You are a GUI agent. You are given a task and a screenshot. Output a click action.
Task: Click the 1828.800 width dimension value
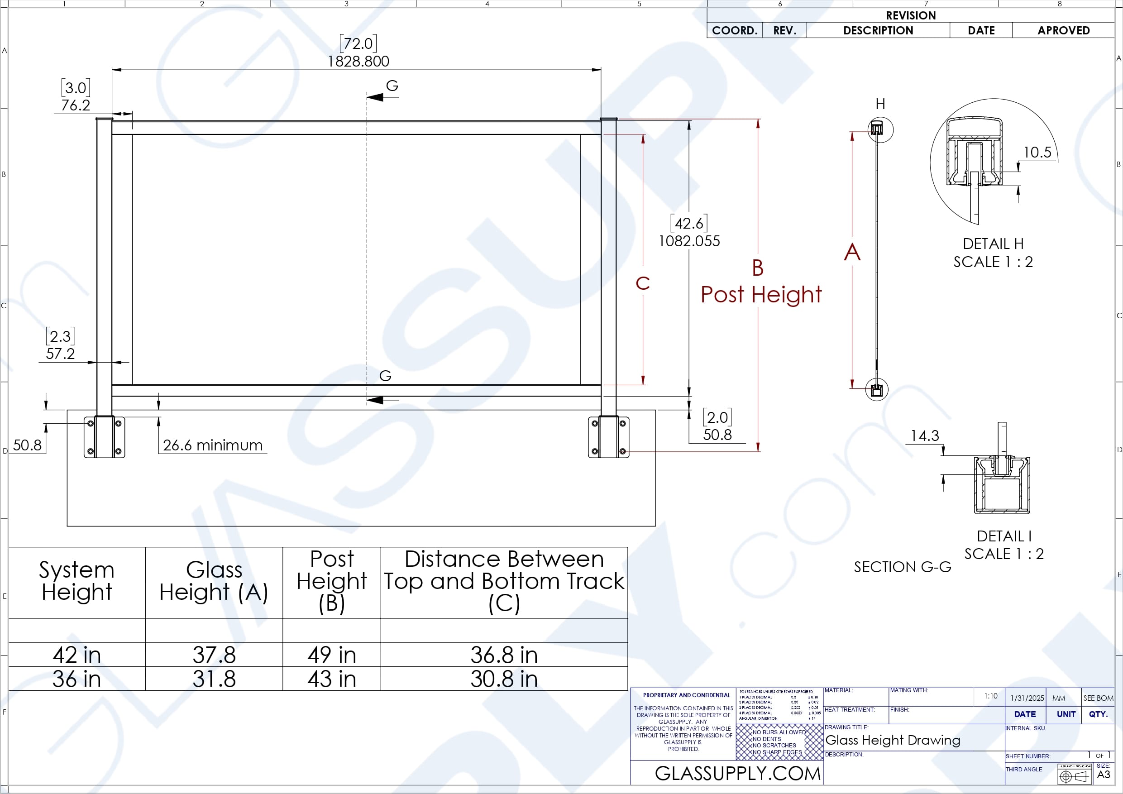[358, 62]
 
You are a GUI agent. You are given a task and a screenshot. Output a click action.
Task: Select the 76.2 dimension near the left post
[75, 105]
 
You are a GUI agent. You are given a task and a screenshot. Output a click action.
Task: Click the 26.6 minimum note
[212, 445]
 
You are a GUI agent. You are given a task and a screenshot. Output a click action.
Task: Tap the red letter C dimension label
[642, 283]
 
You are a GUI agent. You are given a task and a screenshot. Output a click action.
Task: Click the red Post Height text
[760, 295]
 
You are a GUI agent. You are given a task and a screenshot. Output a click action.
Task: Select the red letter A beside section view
[851, 253]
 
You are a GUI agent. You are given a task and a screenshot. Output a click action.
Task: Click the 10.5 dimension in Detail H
[1037, 152]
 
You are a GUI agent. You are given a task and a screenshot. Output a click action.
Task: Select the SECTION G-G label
[902, 567]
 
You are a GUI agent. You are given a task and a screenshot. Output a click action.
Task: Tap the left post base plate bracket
[104, 437]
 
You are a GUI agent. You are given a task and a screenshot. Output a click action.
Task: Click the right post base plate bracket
[608, 437]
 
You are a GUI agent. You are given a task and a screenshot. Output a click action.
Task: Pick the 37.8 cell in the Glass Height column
[214, 655]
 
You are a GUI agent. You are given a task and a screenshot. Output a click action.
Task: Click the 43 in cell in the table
[331, 679]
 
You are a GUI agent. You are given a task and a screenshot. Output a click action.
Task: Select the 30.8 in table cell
[503, 679]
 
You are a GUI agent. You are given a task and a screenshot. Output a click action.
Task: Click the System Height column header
[77, 581]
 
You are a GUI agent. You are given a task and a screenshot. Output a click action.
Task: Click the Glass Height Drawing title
[892, 740]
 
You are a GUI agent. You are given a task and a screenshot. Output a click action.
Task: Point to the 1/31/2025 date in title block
[1027, 698]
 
